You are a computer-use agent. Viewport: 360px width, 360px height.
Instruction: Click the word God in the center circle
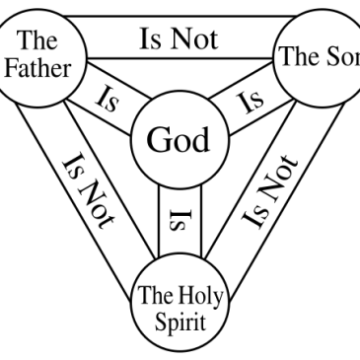tap(180, 141)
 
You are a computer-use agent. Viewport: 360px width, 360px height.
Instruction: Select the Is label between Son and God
tap(252, 99)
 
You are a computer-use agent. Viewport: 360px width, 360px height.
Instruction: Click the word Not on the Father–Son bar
tap(196, 39)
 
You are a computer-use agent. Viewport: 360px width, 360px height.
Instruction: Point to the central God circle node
tap(180, 141)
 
